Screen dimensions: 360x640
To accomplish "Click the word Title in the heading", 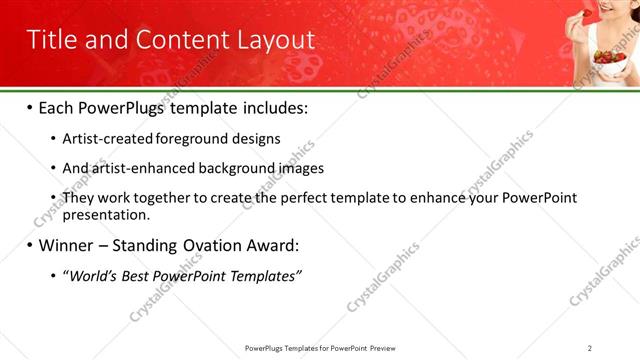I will pos(52,40).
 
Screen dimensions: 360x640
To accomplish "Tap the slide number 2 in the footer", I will pos(590,347).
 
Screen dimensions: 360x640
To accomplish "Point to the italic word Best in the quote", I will pos(137,275).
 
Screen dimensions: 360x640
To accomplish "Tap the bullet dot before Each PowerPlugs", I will pos(30,107).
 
